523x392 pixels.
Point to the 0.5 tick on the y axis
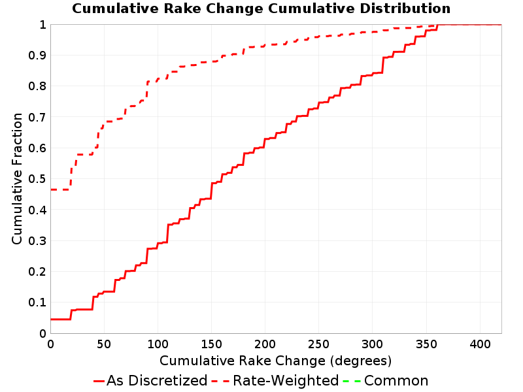(37, 179)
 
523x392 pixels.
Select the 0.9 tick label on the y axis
(37, 56)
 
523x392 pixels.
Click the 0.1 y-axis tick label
(37, 302)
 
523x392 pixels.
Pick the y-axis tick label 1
(42, 25)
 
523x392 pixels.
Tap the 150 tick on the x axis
(211, 344)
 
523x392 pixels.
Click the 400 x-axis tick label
(480, 344)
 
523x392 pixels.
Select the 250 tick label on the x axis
(319, 344)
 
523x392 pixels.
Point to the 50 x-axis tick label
(104, 344)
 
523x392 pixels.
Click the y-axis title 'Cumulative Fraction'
(17, 178)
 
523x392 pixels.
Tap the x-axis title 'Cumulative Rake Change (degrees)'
(275, 361)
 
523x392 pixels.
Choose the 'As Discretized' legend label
(157, 381)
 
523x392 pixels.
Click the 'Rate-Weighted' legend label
(286, 381)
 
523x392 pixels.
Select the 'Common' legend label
(396, 381)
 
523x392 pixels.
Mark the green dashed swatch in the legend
(352, 382)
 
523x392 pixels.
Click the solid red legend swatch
(99, 382)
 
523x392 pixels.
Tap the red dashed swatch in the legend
(220, 382)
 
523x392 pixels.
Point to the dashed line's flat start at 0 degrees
(60, 189)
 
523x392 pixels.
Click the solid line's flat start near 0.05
(60, 319)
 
